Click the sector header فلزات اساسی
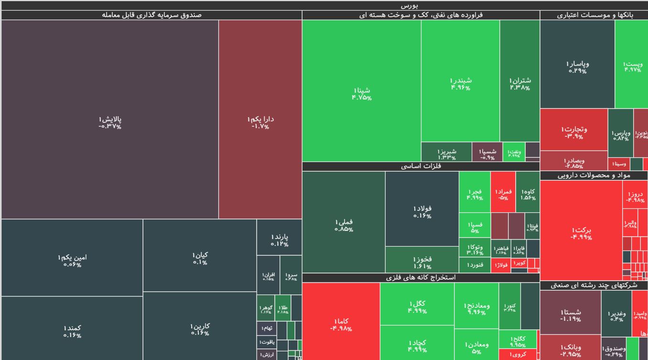[x=421, y=166]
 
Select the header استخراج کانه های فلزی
[x=421, y=278]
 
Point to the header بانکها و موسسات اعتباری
[x=594, y=15]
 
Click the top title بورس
[x=324, y=5]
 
